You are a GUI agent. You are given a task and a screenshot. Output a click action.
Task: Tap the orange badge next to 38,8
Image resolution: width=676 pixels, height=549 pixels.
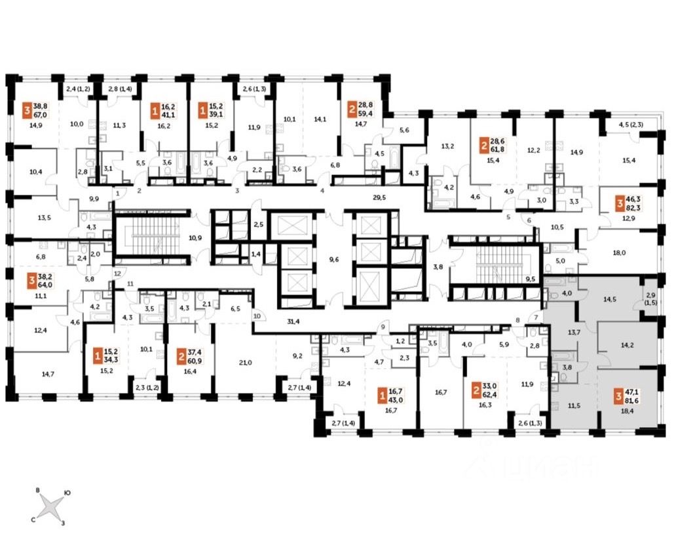coord(27,109)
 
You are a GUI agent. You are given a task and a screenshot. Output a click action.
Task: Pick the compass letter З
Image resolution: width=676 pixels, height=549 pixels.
coord(63,523)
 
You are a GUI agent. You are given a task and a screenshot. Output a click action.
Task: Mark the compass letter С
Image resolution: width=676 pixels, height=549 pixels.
coord(33,518)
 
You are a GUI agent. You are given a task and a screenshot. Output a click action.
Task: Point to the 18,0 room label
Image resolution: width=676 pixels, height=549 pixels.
coord(620,252)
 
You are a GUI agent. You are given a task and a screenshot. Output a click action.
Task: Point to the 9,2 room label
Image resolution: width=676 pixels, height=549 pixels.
coord(297,357)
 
